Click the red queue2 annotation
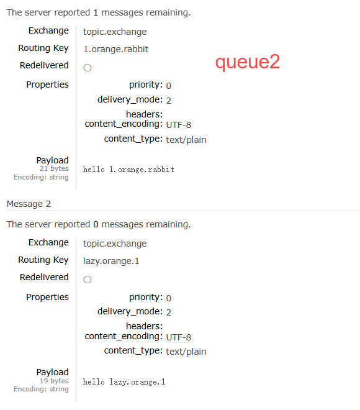[248, 62]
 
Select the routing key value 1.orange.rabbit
[115, 49]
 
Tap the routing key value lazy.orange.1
[111, 261]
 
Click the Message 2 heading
[29, 204]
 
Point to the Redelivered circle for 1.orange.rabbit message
[88, 68]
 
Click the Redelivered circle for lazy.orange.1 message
[88, 280]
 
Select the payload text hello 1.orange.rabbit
[128, 170]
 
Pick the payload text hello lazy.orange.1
[124, 382]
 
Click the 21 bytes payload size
[54, 168]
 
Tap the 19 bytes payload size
[54, 381]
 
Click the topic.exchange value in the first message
[115, 32]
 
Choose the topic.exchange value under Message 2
[115, 244]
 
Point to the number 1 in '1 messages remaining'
[96, 12]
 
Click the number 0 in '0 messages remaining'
[96, 224]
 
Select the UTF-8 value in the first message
[179, 125]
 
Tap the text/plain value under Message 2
[186, 352]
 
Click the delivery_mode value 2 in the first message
[168, 101]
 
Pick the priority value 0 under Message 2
[168, 298]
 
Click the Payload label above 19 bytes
[53, 372]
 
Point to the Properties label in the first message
[47, 84]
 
